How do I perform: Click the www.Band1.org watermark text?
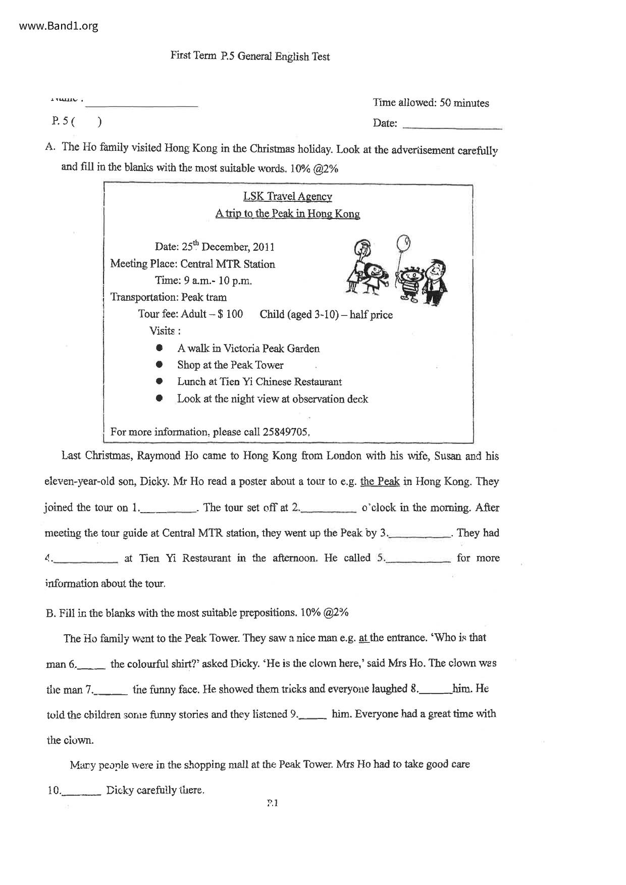(x=59, y=26)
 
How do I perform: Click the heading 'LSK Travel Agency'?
(x=287, y=197)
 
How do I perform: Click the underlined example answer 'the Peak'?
(x=380, y=481)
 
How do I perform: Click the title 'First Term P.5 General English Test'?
(x=250, y=56)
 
